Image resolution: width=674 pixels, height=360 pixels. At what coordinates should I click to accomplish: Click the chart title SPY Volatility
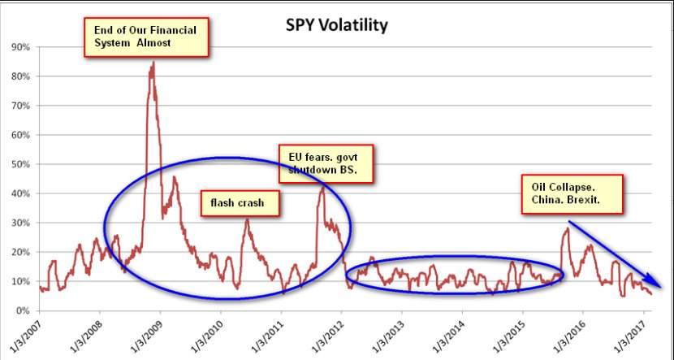335,25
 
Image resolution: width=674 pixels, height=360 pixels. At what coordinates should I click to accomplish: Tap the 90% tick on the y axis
21,47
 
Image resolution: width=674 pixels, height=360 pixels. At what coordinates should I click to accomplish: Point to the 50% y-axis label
21,164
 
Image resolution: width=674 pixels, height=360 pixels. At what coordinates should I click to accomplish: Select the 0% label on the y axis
24,310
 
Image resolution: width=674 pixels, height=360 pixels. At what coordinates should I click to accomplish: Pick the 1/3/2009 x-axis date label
147,335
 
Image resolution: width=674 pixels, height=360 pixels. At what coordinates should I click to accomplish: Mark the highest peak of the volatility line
153,63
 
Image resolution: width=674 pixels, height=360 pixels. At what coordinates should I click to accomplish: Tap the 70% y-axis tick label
21,106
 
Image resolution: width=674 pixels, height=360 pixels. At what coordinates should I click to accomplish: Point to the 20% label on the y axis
21,252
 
